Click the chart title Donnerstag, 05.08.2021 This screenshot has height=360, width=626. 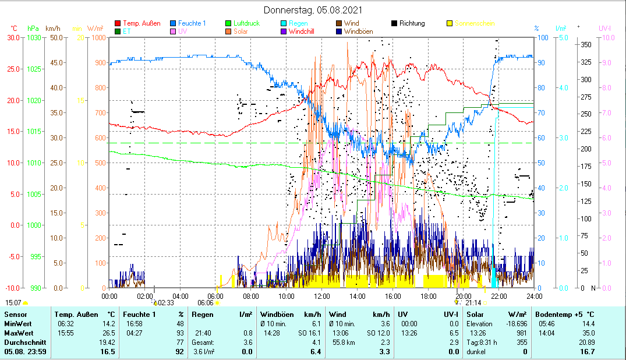(x=313, y=10)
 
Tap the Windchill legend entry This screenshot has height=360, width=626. (x=301, y=31)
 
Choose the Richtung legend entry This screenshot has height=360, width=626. (x=412, y=23)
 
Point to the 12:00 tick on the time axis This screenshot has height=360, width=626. (x=321, y=295)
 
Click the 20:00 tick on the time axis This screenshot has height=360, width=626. (x=463, y=295)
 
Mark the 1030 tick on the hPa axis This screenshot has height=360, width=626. (x=34, y=37)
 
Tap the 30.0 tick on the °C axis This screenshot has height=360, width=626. (x=13, y=37)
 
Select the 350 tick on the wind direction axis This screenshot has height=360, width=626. (x=586, y=44)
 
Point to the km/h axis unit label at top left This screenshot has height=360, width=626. (x=52, y=28)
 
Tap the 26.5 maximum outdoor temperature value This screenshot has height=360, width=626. (x=109, y=333)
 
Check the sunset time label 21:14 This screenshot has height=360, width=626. (x=473, y=303)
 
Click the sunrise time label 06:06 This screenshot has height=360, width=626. (x=206, y=303)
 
